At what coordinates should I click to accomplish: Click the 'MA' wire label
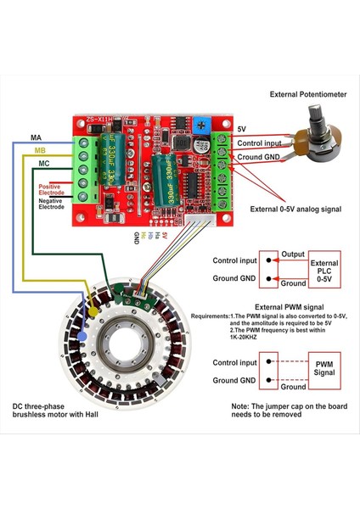coord(37,137)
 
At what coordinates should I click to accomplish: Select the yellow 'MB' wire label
coord(40,150)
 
